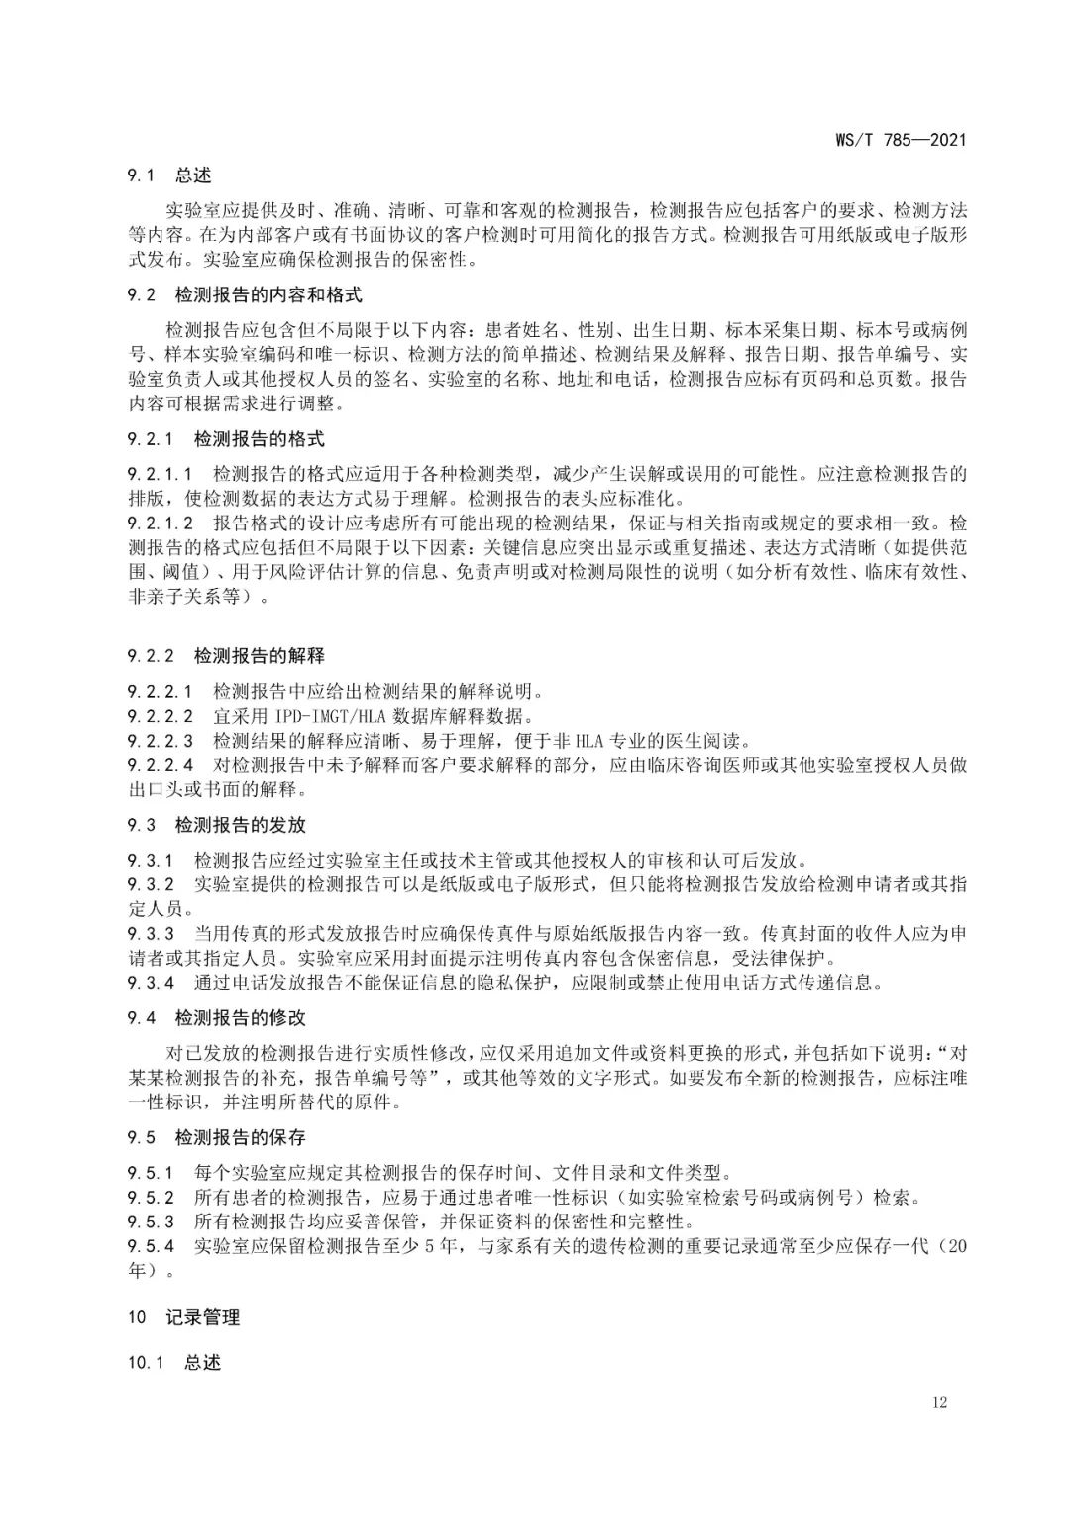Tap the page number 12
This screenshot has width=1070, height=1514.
[939, 1401]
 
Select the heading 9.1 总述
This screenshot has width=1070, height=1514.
[169, 175]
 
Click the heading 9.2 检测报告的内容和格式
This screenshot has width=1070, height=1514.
[245, 294]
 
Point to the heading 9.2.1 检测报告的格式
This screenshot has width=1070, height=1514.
[226, 438]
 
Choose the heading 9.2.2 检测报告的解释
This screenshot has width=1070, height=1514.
[226, 656]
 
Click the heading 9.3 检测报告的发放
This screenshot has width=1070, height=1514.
[217, 825]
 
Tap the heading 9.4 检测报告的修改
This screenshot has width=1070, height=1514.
[217, 1017]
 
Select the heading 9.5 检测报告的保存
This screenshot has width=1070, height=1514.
[217, 1137]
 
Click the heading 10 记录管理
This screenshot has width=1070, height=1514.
[184, 1317]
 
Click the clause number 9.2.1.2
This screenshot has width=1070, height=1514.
[160, 522]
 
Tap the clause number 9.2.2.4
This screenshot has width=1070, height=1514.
[160, 765]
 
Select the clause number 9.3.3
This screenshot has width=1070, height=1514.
[152, 934]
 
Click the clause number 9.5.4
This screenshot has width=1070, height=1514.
[152, 1246]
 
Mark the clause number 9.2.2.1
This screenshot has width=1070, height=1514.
[160, 691]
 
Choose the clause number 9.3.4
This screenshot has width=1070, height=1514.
[152, 983]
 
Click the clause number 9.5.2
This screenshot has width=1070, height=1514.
[152, 1197]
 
